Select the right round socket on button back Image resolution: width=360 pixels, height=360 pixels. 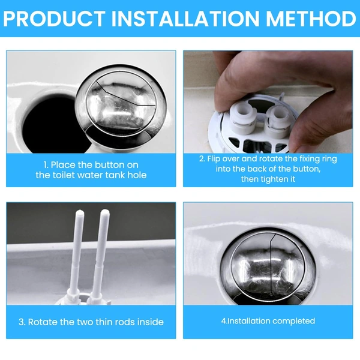277,114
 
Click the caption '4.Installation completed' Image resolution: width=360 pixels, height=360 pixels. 268,321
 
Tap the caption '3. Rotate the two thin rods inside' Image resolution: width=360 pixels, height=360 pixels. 91,322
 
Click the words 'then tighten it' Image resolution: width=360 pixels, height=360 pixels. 267,179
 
